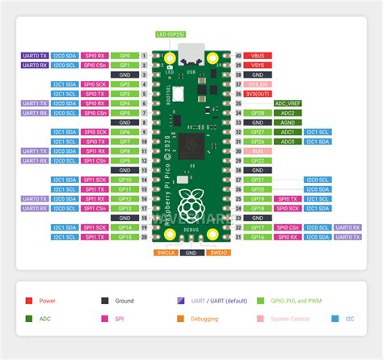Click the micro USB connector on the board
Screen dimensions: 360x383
[191, 58]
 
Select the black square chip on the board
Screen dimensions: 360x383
[193, 146]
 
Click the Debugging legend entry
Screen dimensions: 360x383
[204, 319]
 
